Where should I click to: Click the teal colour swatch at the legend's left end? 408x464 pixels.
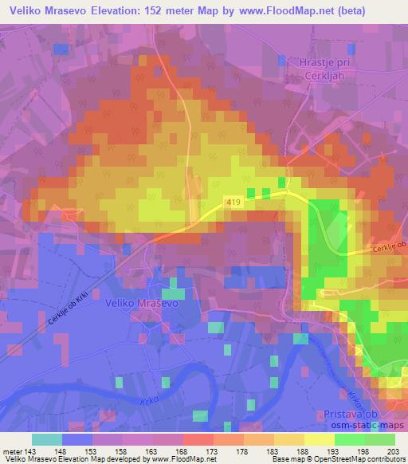click(x=47, y=439)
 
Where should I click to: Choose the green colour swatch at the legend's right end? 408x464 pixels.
click(x=379, y=439)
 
